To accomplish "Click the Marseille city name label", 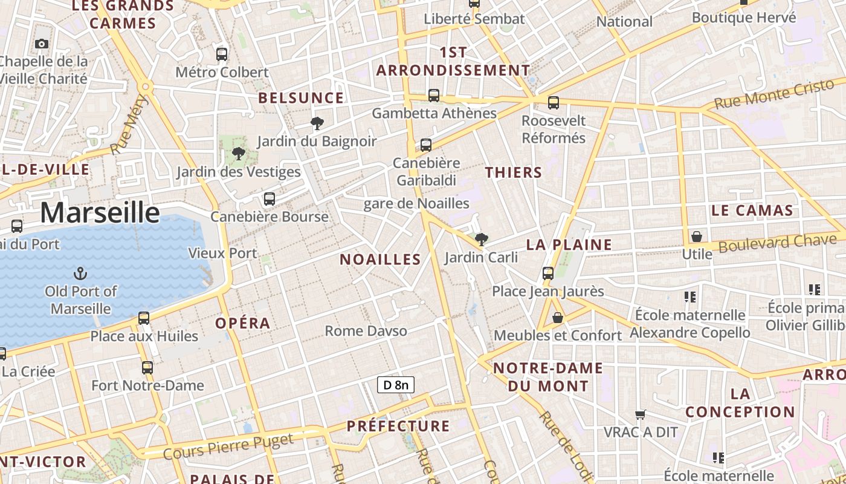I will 100,213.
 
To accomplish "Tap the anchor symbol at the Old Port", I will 80,273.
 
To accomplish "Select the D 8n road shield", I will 396,385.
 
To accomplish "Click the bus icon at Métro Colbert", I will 222,54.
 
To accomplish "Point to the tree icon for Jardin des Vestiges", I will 239,153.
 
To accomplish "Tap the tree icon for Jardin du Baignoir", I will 316,123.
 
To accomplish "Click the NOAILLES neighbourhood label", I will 380,260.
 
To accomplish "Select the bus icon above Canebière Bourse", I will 270,198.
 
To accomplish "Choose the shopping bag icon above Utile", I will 697,236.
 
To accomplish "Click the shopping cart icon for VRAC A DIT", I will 641,414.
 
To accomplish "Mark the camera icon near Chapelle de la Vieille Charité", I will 42,44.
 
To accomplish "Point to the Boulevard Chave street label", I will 776,243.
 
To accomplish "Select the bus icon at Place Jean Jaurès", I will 548,273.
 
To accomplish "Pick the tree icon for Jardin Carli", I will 481,240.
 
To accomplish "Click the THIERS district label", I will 514,172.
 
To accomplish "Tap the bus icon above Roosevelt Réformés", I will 554,103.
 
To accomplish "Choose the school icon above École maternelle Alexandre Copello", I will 689,297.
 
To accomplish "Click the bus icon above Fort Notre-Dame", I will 147,367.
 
